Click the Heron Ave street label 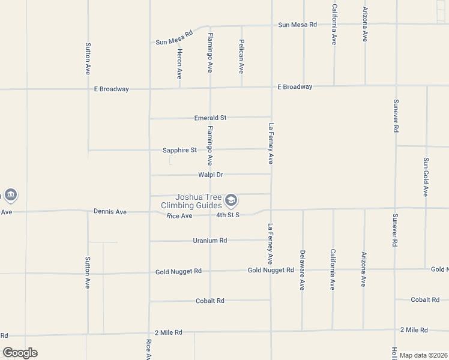coord(179,64)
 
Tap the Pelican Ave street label coord(241,56)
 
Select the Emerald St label coord(210,118)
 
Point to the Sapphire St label coord(179,150)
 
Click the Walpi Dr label coord(211,175)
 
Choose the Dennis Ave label coord(110,212)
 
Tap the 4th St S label coord(228,215)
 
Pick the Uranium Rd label coord(210,241)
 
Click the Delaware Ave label coord(303,270)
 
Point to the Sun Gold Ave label coord(426,177)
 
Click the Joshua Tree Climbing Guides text coord(191,202)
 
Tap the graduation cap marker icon coord(231,200)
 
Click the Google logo coord(20,353)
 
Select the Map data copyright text coord(424,355)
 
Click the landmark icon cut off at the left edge coord(10,195)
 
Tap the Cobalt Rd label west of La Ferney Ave coord(210,301)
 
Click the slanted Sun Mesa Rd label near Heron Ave coord(174,38)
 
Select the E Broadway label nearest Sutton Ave coord(111,89)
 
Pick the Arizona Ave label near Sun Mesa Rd coord(365,24)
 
